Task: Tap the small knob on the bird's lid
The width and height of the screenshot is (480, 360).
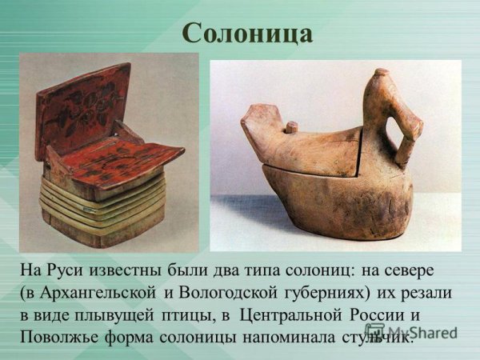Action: coord(292,127)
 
